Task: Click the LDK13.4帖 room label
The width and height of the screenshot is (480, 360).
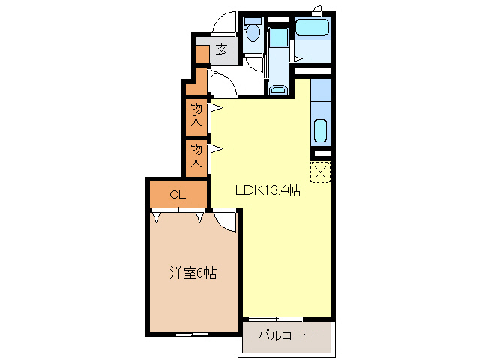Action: coord(268,191)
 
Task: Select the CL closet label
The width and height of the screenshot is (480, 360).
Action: coord(176,196)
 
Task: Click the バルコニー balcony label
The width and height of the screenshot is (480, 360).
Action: coord(286,334)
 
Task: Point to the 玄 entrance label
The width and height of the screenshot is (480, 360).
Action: coord(222,50)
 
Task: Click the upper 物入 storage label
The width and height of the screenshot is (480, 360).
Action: coord(196,115)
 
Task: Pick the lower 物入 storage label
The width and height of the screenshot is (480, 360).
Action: coord(196,155)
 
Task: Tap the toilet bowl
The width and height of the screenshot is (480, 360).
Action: coord(253,34)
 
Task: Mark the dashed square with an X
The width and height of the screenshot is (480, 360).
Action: coord(320,172)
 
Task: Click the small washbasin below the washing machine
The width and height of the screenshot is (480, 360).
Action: coord(277,91)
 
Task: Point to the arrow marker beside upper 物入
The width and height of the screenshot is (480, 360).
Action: coord(216,109)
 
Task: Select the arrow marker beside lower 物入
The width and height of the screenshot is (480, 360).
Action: coord(216,148)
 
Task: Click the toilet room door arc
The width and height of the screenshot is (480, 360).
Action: coord(255,64)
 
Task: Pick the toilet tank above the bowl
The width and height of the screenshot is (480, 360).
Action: coord(253,20)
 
